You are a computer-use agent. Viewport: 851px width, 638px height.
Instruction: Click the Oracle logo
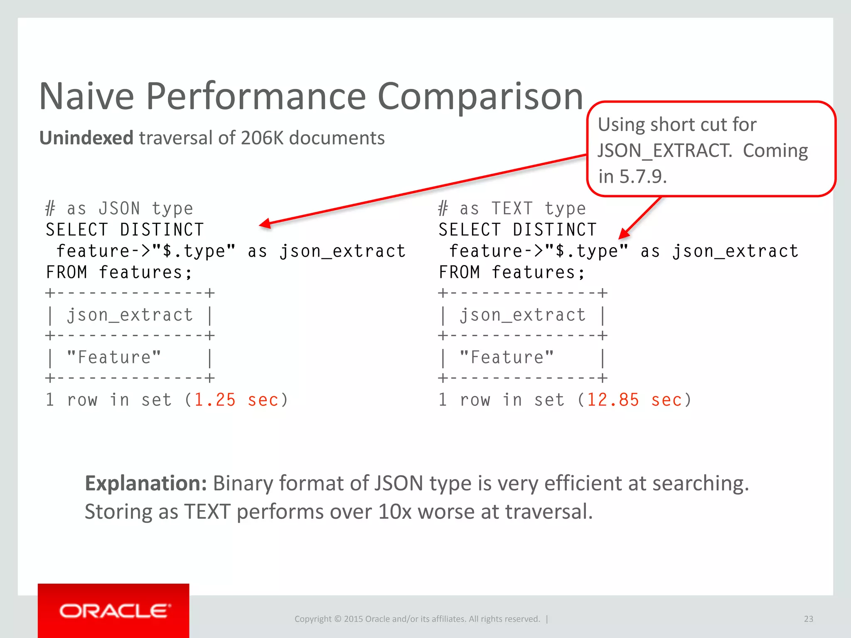(x=113, y=611)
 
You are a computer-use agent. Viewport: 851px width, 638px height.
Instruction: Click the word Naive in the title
(x=86, y=96)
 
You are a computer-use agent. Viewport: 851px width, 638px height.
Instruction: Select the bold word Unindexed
(x=86, y=138)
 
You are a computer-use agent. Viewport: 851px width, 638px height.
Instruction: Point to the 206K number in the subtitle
(x=262, y=138)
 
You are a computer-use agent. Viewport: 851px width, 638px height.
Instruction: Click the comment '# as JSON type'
(x=120, y=209)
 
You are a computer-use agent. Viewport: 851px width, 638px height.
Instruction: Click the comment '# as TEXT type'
(x=512, y=209)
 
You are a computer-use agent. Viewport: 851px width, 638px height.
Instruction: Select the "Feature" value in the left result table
(x=114, y=358)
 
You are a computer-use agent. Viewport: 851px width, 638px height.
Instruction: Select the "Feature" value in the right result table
(x=507, y=358)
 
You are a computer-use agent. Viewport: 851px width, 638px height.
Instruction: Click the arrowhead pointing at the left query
(x=264, y=224)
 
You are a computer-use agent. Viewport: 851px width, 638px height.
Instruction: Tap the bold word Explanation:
(x=146, y=483)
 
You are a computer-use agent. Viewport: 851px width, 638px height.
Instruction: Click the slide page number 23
(x=808, y=619)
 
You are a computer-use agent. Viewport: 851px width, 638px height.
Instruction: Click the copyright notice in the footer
(x=417, y=619)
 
